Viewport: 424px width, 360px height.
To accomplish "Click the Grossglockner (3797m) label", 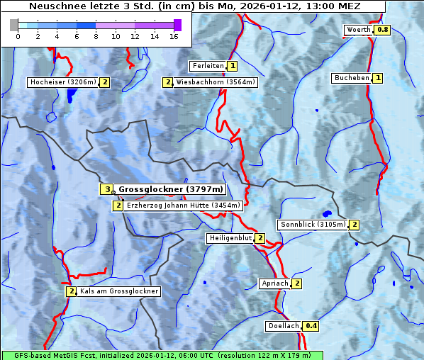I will coord(170,189).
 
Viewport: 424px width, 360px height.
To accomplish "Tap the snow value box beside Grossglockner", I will coord(106,189).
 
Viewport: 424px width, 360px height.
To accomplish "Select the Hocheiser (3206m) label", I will coord(62,82).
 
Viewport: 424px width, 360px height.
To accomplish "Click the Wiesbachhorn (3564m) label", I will coord(216,82).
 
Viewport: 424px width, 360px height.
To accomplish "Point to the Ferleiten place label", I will coord(208,66).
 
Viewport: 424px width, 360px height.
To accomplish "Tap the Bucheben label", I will coord(352,78).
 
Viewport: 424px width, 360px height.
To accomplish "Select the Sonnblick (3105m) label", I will coord(313,225).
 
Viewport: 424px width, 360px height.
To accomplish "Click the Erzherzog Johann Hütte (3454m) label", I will coord(184,206).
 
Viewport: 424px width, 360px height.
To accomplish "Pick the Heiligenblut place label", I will coord(230,238).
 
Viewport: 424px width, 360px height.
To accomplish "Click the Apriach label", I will coord(274,284).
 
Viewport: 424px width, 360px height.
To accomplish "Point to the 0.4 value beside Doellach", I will coord(311,327).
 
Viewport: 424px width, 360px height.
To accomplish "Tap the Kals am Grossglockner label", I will coord(118,291).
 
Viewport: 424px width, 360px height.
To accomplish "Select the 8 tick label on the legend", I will coord(96,36).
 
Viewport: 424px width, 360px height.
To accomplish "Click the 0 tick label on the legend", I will coord(18,36).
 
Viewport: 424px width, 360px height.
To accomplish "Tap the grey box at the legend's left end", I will coord(14,25).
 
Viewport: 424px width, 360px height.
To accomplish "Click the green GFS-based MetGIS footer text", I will coord(162,355).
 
